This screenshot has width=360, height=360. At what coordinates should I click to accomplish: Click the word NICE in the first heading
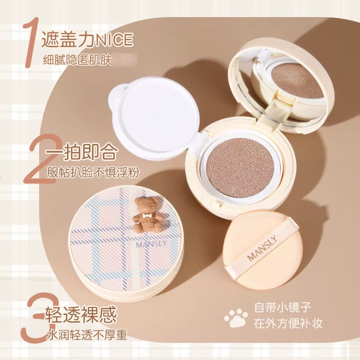[114, 40]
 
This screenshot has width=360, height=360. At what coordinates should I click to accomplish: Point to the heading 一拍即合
[81, 151]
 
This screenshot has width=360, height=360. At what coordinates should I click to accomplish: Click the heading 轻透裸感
[81, 315]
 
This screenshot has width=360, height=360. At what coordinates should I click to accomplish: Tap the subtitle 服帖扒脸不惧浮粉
[93, 172]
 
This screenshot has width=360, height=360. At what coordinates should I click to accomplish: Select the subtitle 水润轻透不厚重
[87, 335]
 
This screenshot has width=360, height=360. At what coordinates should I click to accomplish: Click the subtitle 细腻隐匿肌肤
[77, 60]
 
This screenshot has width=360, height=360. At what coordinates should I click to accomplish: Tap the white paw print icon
[236, 318]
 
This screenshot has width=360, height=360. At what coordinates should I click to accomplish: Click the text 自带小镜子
[283, 308]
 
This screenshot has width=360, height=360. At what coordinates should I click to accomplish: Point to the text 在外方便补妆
[288, 323]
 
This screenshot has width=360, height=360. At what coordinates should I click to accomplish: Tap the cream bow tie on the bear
[146, 216]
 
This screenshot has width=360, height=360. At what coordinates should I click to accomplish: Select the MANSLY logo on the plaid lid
[151, 243]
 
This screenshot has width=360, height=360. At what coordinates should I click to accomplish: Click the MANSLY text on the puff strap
[262, 248]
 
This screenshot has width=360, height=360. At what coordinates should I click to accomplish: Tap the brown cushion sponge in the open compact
[240, 168]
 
